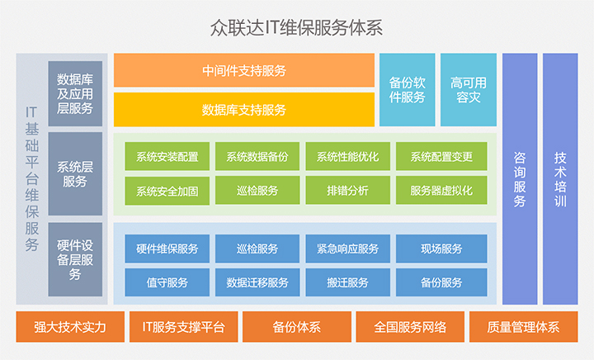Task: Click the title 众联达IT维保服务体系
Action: [296, 28]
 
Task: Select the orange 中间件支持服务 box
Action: [244, 70]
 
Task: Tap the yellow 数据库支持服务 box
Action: [244, 110]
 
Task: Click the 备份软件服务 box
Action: [408, 90]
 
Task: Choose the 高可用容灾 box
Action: [469, 90]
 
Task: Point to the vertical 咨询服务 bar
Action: [520, 179]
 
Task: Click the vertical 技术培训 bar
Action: [560, 179]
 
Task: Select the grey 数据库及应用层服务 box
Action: [75, 93]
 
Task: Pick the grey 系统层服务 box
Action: [75, 173]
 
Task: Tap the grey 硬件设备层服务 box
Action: [75, 259]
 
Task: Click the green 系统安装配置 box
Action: [167, 156]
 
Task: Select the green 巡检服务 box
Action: [257, 190]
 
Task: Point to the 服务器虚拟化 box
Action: [441, 190]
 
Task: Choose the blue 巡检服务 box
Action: [257, 249]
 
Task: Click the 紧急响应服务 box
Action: [348, 249]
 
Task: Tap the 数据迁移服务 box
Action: [257, 282]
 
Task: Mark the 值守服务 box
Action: [167, 282]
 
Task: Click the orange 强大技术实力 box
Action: [70, 327]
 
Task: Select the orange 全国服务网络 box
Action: [410, 327]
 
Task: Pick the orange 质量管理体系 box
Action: [524, 327]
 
